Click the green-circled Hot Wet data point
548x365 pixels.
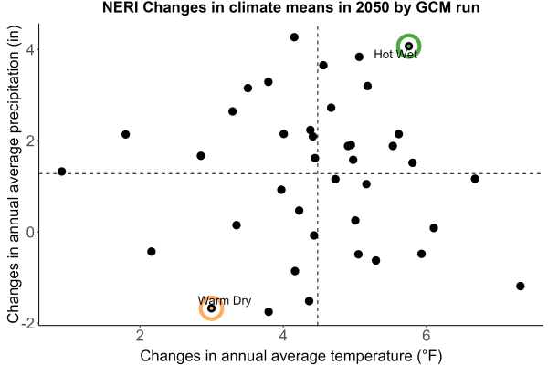click(408, 47)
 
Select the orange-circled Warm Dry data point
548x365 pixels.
click(212, 308)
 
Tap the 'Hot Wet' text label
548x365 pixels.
click(395, 55)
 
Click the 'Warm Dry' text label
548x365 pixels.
click(225, 300)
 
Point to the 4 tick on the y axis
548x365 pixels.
click(30, 49)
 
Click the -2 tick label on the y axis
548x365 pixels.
click(28, 323)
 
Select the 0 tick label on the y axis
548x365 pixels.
click(30, 232)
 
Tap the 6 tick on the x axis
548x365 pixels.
click(426, 335)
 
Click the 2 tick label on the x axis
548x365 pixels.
click(140, 335)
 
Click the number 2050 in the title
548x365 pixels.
click(372, 7)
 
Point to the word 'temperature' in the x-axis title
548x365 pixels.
click(372, 356)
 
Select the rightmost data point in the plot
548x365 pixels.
click(521, 286)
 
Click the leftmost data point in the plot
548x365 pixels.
click(62, 172)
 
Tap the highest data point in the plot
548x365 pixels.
click(294, 37)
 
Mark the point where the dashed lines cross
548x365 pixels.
click(318, 173)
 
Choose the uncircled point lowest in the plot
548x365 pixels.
click(269, 311)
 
